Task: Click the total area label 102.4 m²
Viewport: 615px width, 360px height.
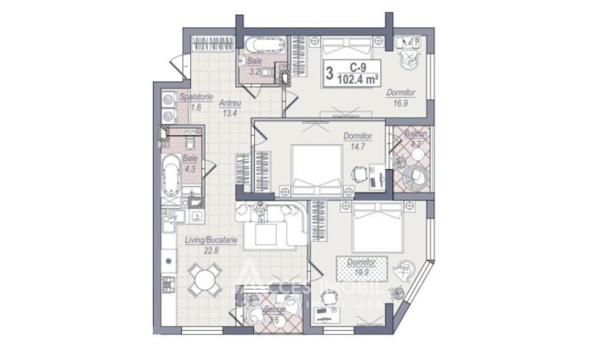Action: tap(358, 79)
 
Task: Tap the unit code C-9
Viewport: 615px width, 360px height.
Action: tap(357, 66)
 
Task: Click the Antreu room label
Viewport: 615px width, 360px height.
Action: tap(228, 103)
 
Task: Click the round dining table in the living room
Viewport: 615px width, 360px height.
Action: tap(206, 279)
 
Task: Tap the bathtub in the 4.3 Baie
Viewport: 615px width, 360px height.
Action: tap(171, 176)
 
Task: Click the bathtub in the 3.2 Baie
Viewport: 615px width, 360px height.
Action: tap(259, 46)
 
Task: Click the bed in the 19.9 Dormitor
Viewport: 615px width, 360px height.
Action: tap(377, 227)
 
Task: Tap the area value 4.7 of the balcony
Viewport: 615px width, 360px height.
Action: tap(415, 144)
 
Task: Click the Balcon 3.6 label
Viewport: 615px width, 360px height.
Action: tap(273, 315)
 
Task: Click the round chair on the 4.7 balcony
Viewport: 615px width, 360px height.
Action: tap(417, 176)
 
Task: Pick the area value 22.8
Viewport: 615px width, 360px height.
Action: tap(210, 250)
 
